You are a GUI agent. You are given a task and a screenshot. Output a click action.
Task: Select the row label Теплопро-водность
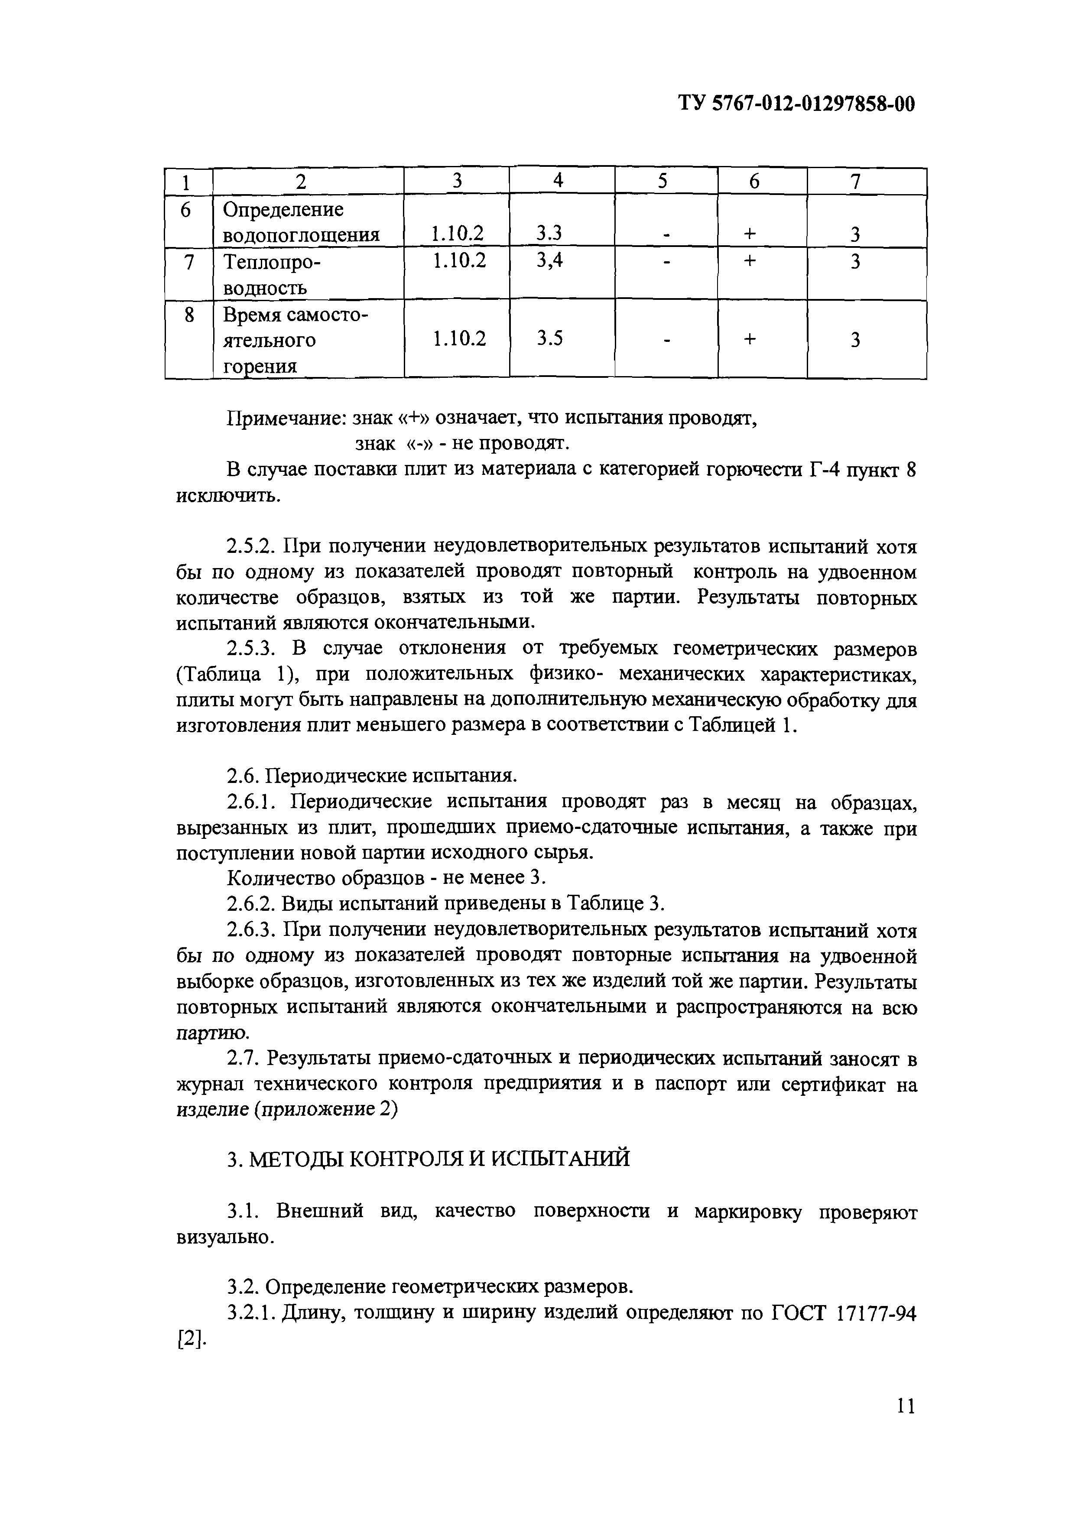pyautogui.click(x=265, y=274)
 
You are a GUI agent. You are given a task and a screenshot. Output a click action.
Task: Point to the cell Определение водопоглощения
pyautogui.click(x=301, y=221)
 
